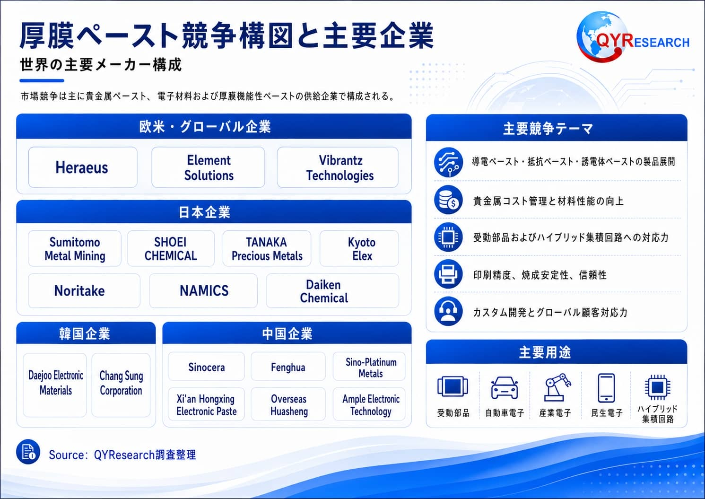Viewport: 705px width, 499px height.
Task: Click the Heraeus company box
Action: tap(83, 167)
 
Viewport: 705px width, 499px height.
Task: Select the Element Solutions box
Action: tap(208, 167)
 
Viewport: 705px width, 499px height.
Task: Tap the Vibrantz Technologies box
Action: tap(338, 167)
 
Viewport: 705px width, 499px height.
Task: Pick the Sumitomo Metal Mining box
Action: tap(75, 248)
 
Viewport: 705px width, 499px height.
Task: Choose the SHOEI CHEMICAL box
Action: tap(171, 248)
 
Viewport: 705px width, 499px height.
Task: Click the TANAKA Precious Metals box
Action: tap(267, 248)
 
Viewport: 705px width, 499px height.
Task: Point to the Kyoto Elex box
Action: tap(359, 248)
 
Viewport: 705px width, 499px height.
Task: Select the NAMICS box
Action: tap(203, 290)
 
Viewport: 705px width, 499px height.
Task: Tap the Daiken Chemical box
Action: tap(333, 290)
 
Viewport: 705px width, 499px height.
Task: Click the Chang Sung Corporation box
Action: tap(121, 385)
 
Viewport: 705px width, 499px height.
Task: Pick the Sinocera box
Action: tap(207, 367)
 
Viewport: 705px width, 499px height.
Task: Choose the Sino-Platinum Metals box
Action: tap(369, 367)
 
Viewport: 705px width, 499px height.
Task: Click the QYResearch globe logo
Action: tap(601, 37)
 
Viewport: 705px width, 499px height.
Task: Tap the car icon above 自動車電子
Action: tap(505, 388)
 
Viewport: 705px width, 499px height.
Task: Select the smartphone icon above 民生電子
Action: tap(606, 388)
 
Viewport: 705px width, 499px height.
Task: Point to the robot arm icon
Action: tap(557, 387)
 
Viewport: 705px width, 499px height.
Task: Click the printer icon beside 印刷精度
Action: tap(448, 274)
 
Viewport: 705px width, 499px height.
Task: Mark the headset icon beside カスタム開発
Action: tap(448, 311)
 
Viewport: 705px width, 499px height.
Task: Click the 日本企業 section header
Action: tap(214, 212)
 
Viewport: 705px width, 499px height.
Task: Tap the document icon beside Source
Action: tap(28, 452)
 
